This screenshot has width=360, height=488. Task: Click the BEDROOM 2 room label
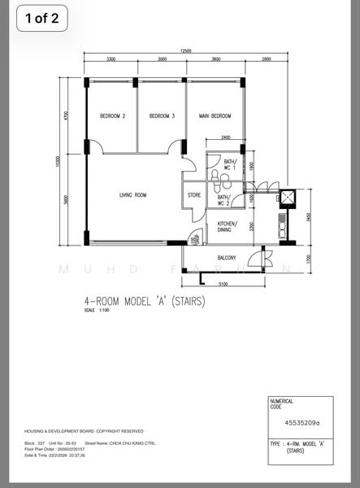click(x=112, y=116)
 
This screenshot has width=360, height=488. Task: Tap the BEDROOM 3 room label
click(x=162, y=116)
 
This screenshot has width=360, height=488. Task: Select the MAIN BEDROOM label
click(x=215, y=116)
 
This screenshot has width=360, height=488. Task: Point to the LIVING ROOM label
click(x=132, y=195)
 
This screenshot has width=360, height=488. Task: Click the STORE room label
click(x=194, y=195)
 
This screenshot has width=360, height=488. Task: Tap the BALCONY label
click(x=227, y=259)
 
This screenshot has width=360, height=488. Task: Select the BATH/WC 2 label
click(x=223, y=199)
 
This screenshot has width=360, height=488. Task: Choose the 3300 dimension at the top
click(x=111, y=59)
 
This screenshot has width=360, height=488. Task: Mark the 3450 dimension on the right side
click(x=309, y=217)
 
